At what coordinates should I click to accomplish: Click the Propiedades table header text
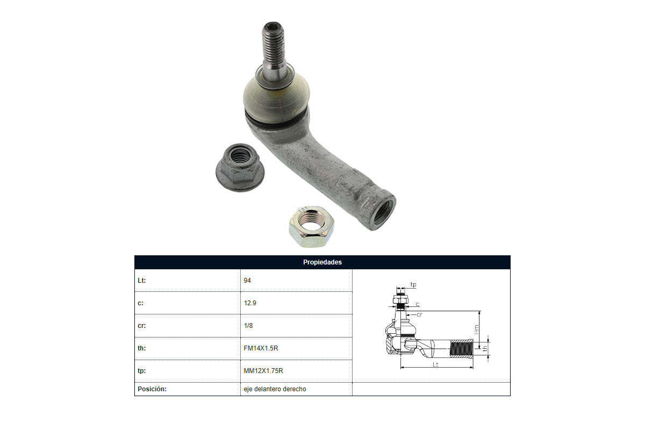click(322, 262)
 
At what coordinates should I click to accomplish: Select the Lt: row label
click(142, 280)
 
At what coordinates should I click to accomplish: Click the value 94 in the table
click(247, 280)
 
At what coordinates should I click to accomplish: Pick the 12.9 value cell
click(249, 303)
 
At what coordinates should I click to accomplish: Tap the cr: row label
click(142, 325)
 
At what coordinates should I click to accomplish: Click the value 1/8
click(248, 325)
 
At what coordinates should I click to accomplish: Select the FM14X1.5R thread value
click(261, 348)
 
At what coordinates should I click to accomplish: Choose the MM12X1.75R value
click(263, 371)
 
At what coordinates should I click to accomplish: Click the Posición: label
click(152, 389)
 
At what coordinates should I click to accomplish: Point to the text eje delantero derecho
click(275, 389)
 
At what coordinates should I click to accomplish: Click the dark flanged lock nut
click(240, 168)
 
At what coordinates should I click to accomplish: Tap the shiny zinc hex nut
click(312, 227)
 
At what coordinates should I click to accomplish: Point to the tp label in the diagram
click(413, 284)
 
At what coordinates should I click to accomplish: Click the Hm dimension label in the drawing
click(476, 329)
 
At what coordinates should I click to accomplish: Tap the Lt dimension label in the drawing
click(435, 364)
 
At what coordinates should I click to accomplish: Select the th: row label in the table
click(142, 348)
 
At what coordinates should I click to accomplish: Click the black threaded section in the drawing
click(461, 348)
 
